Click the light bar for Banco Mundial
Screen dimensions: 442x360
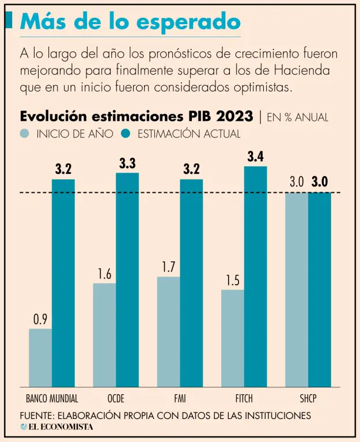pos(40,357)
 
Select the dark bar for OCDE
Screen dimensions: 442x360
pos(127,280)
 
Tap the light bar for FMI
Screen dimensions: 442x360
pos(168,331)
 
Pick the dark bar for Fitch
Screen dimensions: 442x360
pos(256,276)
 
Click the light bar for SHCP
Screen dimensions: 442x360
pos(297,289)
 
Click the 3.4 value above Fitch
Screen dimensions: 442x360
pos(256,156)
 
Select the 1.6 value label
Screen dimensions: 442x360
pos(104,274)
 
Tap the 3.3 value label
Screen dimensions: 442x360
pos(127,163)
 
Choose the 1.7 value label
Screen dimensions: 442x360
pos(168,268)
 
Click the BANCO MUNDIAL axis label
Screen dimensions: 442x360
pos(52,398)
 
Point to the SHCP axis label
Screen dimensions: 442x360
pos(308,398)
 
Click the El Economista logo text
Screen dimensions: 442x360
pos(60,427)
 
